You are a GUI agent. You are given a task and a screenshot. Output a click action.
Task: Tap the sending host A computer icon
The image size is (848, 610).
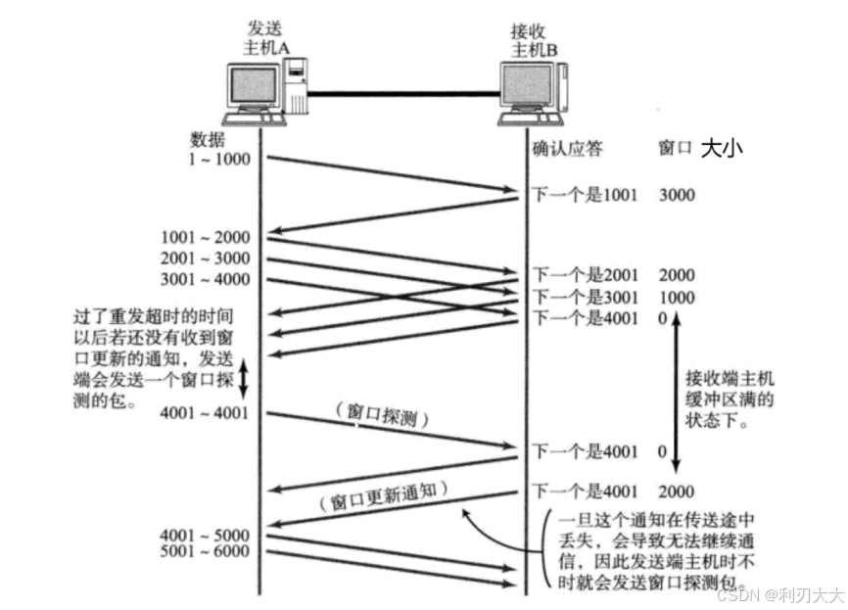click(x=264, y=93)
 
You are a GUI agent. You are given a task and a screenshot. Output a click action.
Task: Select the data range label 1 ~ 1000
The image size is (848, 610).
click(x=221, y=160)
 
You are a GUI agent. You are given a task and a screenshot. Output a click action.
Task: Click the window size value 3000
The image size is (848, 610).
click(x=677, y=196)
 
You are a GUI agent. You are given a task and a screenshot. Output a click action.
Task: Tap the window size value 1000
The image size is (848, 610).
click(x=677, y=298)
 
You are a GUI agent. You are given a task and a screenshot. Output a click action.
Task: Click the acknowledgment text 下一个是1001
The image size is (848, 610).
click(x=585, y=196)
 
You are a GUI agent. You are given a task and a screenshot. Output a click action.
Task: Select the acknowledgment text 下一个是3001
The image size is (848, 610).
click(x=585, y=298)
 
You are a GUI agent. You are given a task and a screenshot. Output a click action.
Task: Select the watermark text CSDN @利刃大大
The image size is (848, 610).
click(x=779, y=594)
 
